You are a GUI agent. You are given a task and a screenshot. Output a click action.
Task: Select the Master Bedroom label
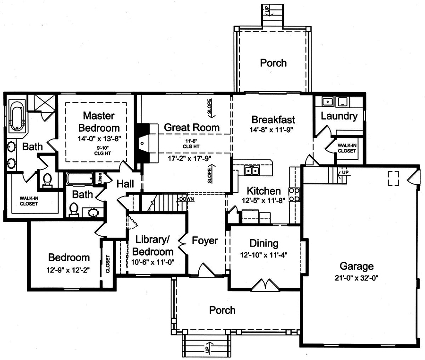[99, 121]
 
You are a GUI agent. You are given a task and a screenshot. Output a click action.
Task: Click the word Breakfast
[273, 120]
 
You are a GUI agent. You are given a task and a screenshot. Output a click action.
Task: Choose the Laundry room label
[339, 116]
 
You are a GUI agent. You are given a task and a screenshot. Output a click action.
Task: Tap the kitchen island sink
[250, 170]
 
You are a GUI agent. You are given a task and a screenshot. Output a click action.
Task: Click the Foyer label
[205, 240]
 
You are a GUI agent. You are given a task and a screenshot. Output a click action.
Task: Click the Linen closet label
[100, 178]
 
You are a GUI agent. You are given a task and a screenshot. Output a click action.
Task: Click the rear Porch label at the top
[273, 63]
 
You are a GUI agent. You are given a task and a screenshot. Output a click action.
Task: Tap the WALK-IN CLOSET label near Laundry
[347, 148]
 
